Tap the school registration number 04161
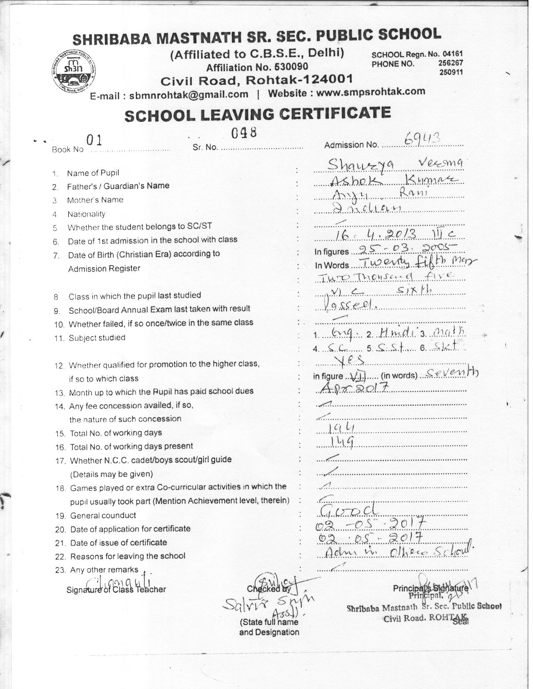pos(453,54)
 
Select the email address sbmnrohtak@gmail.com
pos(189,95)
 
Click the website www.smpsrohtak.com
pos(370,92)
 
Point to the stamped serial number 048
pos(244,133)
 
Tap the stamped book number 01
pos(94,140)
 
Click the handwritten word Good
pos(348,509)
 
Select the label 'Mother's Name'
pos(95,200)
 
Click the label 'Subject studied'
pos(97,338)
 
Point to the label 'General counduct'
pos(103,515)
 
